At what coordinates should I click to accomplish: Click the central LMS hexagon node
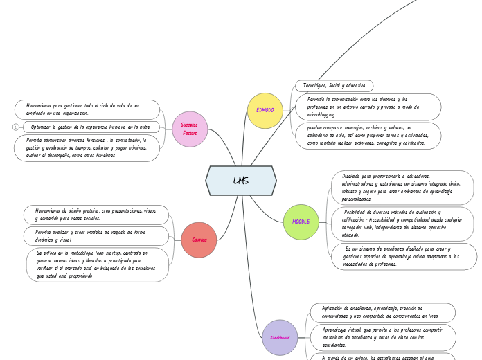[x=241, y=181]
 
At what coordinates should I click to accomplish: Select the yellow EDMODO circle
[x=265, y=111]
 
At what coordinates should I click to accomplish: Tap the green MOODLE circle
[x=301, y=222]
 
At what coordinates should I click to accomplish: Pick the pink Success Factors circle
[x=190, y=129]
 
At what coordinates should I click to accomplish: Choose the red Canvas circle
[x=199, y=240]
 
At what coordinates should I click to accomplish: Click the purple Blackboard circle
[x=280, y=337]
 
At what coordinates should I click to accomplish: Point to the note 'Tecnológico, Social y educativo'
[x=334, y=86]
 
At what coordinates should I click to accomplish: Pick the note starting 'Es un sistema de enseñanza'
[x=405, y=256]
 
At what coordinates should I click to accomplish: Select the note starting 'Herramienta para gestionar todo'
[x=87, y=109]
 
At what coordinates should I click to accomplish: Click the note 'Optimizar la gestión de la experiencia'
[x=90, y=127]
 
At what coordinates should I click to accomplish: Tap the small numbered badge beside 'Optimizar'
[x=15, y=127]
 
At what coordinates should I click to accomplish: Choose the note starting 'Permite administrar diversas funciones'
[x=87, y=147]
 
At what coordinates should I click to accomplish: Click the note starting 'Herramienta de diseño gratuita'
[x=96, y=214]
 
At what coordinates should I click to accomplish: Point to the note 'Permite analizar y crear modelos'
[x=96, y=236]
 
